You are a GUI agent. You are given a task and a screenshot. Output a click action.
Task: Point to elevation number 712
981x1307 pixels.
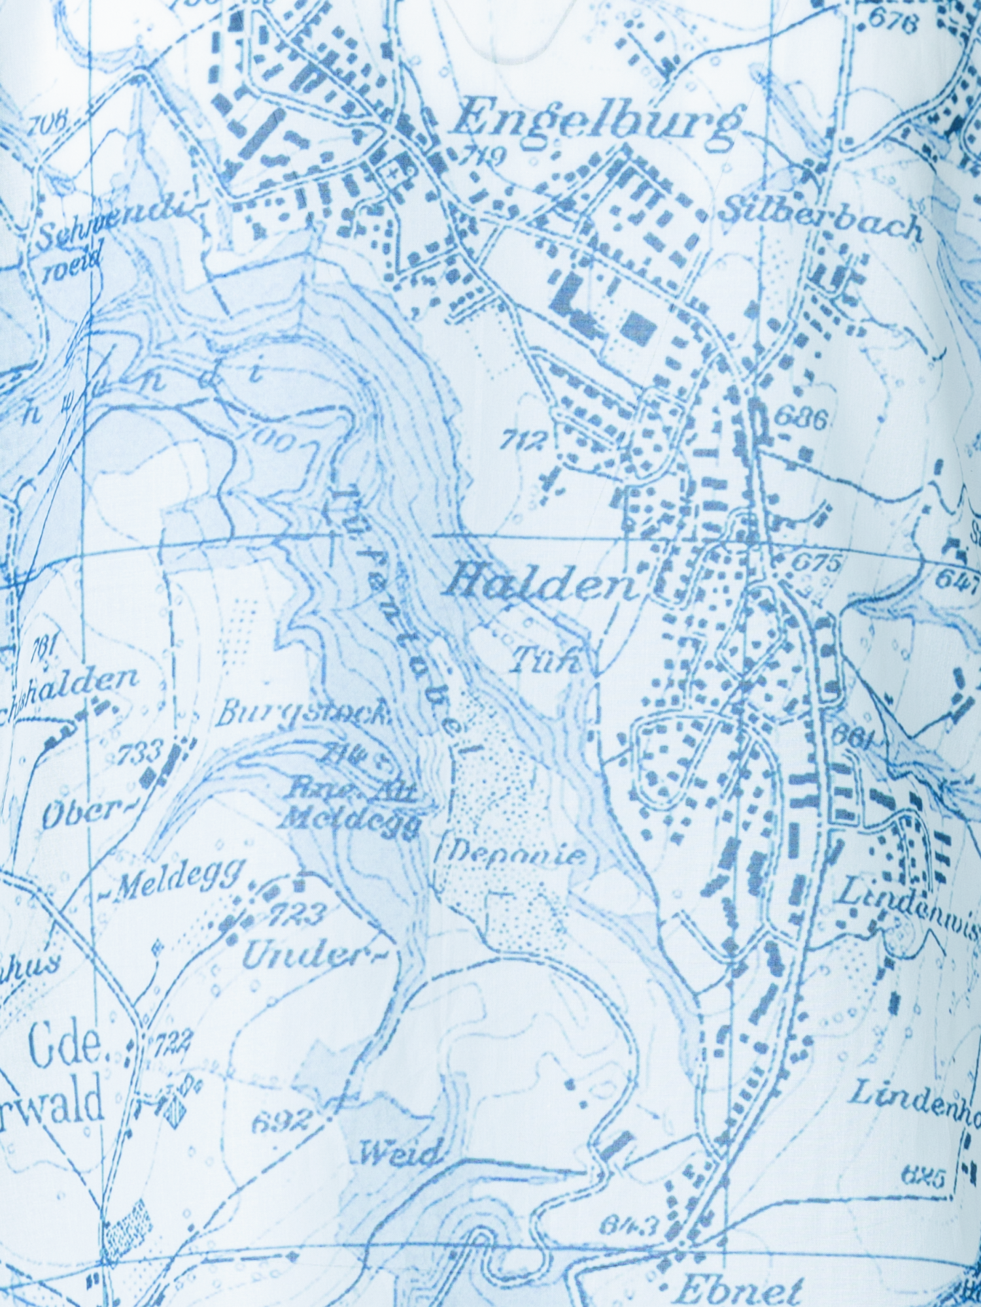tap(523, 442)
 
